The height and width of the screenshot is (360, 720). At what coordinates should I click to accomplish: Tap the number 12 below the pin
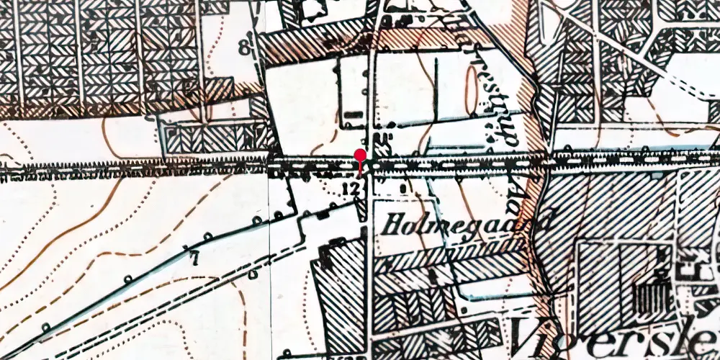(351, 188)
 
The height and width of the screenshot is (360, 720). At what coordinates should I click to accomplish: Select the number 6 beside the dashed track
(253, 274)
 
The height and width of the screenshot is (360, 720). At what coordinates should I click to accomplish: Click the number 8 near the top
(243, 49)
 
